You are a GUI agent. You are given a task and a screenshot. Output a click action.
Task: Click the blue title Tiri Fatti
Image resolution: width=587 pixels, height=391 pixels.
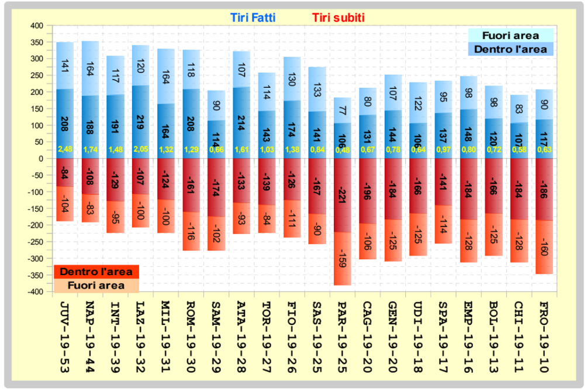point(253,18)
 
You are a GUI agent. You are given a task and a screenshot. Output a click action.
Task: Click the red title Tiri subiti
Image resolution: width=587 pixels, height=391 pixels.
point(338,18)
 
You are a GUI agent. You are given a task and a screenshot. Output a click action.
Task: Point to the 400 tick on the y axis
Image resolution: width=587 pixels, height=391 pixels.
point(36,26)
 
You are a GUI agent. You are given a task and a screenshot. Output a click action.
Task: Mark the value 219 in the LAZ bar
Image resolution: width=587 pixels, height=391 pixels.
point(141,122)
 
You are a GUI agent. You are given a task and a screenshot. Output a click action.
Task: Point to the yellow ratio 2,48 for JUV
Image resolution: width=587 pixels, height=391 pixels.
point(65,150)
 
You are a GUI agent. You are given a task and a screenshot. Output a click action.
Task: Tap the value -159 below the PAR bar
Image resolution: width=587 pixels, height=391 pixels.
point(342,258)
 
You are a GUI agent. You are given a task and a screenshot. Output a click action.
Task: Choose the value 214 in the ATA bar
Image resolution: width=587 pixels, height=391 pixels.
point(241,122)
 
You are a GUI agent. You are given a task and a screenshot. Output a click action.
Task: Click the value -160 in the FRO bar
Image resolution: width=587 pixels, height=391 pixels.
point(543,249)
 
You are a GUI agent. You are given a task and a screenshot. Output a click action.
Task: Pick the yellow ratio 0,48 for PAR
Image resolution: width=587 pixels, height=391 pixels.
point(342,150)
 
